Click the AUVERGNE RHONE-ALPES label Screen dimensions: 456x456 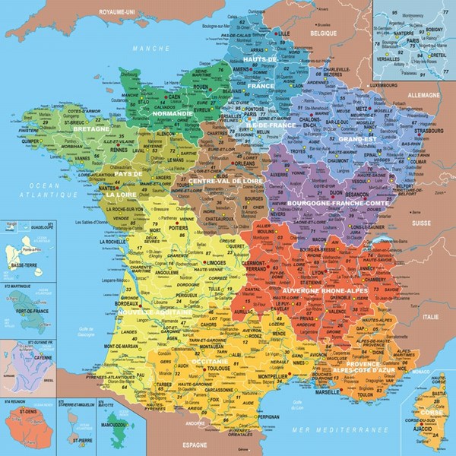[325, 290]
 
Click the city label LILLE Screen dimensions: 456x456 [285, 34]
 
